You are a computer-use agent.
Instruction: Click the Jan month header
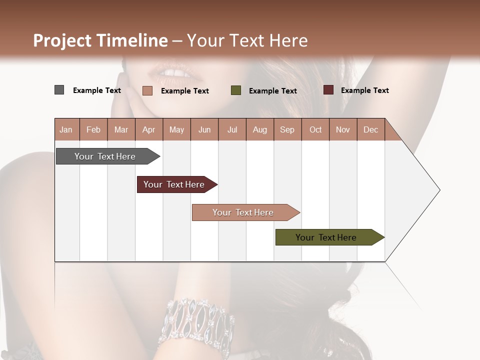[x=66, y=129]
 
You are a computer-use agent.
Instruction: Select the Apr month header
[x=149, y=129]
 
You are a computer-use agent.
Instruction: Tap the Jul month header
[x=232, y=129]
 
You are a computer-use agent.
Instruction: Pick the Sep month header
[x=287, y=129]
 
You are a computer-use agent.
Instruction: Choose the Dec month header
[x=370, y=129]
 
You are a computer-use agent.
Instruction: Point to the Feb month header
[x=93, y=129]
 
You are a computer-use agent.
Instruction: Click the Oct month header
[x=315, y=129]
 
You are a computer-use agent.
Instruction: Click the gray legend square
[x=59, y=90]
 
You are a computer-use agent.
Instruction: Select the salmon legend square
[x=147, y=90]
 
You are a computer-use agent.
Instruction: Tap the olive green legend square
[x=236, y=90]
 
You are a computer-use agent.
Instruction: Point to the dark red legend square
[x=328, y=90]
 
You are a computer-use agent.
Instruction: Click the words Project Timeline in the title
[x=100, y=40]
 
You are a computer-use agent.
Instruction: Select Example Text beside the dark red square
[x=364, y=90]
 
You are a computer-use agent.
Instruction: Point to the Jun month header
[x=204, y=129]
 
